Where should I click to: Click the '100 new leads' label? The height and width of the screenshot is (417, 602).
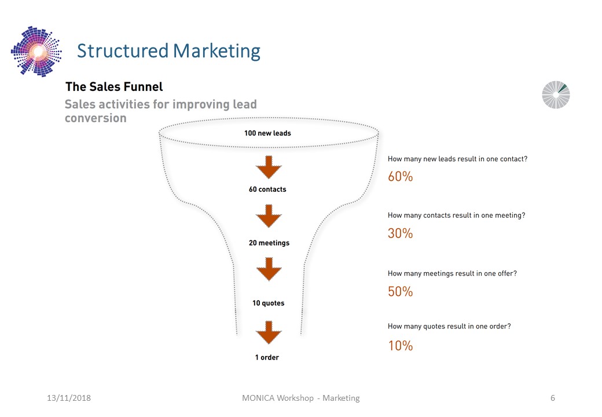[x=267, y=133]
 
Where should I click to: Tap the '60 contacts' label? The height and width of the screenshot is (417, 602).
[x=267, y=189]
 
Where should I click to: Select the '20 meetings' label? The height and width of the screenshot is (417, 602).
[x=269, y=243]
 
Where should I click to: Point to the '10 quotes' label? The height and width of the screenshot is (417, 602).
[x=269, y=303]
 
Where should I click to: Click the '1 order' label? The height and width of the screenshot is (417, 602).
[x=267, y=357]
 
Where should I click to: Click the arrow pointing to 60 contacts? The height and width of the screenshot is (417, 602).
[x=269, y=167]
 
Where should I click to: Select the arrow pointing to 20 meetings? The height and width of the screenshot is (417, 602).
[x=269, y=216]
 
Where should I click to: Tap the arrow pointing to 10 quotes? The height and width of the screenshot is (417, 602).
[x=269, y=269]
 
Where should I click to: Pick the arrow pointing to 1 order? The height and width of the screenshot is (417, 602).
[x=269, y=332]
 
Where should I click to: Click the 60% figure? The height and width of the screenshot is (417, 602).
[x=400, y=177]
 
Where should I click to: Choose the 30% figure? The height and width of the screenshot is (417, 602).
[x=400, y=233]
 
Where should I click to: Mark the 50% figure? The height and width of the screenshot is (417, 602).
[x=400, y=291]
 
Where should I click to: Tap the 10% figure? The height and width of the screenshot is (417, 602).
[x=401, y=346]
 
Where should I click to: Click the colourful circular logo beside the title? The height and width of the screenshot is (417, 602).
[x=36, y=51]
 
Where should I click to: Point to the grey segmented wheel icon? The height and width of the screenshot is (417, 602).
[x=556, y=95]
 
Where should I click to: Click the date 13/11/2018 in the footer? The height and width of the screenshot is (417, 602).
[x=69, y=398]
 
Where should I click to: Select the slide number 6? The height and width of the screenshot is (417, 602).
[x=553, y=398]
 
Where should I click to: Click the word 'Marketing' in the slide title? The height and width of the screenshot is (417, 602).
[x=216, y=51]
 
